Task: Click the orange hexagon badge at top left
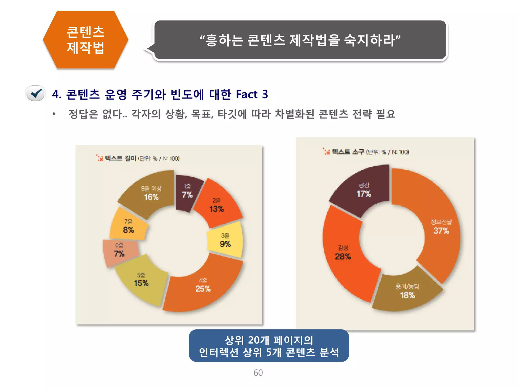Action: pyautogui.click(x=85, y=40)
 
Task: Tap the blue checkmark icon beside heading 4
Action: pyautogui.click(x=36, y=93)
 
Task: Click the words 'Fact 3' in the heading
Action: pyautogui.click(x=252, y=94)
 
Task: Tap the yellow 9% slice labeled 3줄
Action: pyautogui.click(x=225, y=240)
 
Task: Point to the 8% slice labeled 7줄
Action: pyautogui.click(x=128, y=226)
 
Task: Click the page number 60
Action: pyautogui.click(x=258, y=373)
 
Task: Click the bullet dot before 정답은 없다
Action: pyautogui.click(x=54, y=114)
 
